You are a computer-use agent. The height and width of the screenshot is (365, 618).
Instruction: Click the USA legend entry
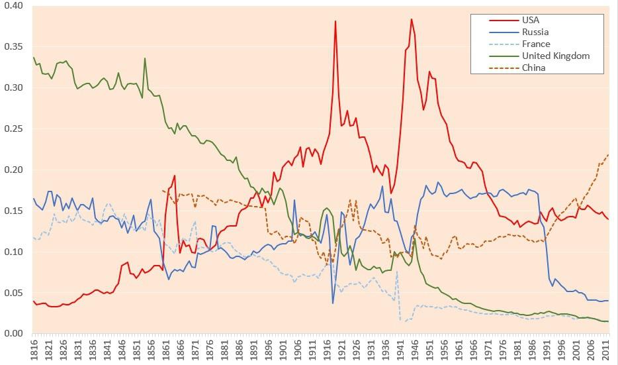point(530,20)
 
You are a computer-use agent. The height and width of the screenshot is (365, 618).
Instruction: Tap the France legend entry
point(535,44)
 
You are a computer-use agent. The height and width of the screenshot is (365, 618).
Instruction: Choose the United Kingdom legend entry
point(555,56)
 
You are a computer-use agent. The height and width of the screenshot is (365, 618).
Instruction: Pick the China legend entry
point(533,68)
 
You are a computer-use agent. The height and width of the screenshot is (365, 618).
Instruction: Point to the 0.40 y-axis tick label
point(14,6)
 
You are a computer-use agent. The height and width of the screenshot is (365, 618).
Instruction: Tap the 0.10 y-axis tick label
point(14,252)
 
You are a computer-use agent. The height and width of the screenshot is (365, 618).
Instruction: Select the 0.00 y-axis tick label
point(14,333)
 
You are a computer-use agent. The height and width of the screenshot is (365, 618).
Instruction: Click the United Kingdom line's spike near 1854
point(145,58)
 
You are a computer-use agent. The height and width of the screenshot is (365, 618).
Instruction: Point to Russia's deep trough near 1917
point(333,303)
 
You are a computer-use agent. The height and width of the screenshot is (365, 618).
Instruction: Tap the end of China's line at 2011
point(608,155)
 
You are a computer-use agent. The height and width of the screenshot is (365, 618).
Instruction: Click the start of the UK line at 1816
point(33,58)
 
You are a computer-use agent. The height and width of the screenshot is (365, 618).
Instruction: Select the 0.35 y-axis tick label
point(14,47)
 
